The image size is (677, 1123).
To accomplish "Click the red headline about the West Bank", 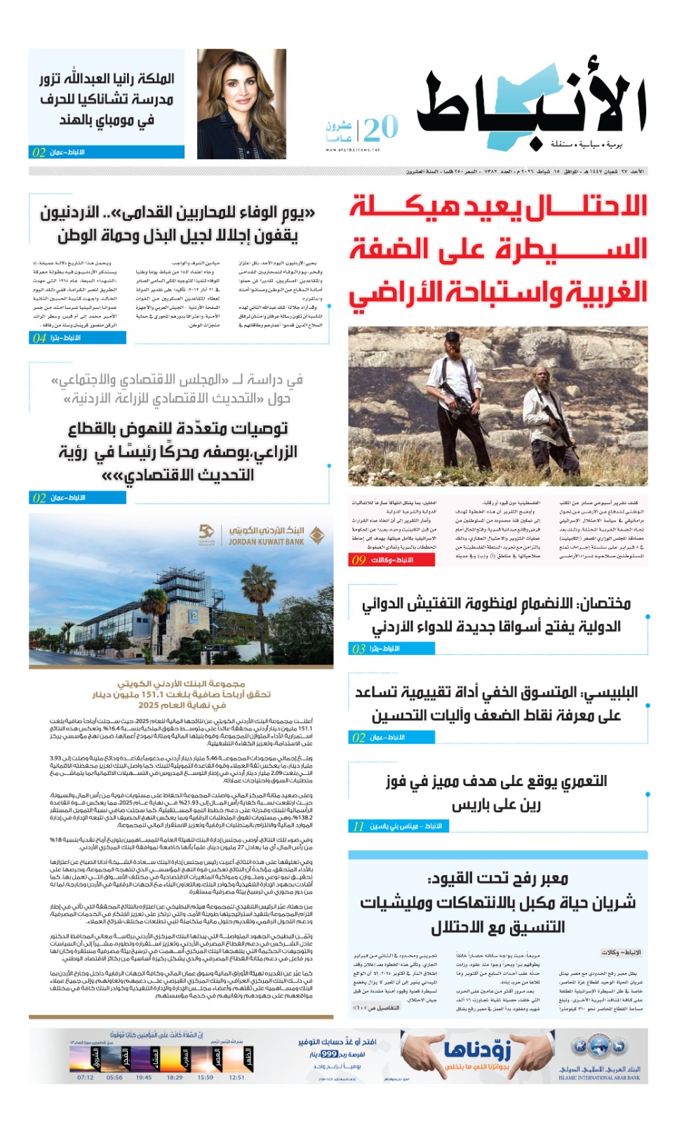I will (x=498, y=249).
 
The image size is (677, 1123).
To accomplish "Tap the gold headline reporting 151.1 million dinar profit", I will (x=181, y=694).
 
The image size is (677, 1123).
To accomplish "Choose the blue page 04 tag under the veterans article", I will (x=78, y=338).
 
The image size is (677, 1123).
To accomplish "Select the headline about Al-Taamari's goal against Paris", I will (x=496, y=792).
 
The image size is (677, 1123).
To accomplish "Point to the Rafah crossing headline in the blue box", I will (x=498, y=903).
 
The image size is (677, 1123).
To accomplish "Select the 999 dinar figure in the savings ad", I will (x=329, y=1054).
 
